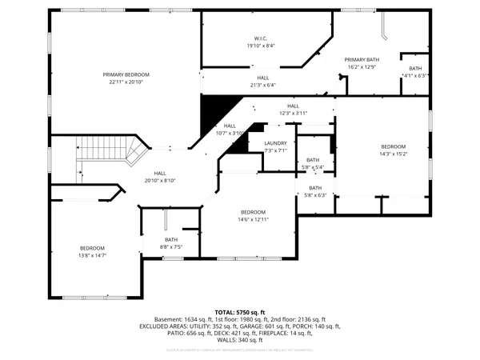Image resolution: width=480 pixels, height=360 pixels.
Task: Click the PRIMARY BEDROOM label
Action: click(x=126, y=74)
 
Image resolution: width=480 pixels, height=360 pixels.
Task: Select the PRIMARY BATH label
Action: click(x=362, y=59)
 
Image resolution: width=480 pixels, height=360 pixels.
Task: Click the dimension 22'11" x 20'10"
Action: click(x=126, y=82)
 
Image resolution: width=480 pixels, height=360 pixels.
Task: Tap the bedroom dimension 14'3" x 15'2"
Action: click(x=393, y=155)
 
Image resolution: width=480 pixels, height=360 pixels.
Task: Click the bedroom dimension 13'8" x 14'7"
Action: click(x=92, y=255)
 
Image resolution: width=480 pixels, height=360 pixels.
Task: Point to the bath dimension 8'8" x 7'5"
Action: click(x=171, y=247)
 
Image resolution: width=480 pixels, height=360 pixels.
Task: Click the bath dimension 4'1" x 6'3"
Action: click(x=415, y=76)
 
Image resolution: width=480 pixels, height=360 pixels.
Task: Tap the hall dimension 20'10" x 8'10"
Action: click(x=160, y=181)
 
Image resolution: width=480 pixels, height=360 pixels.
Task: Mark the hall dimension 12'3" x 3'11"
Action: click(x=293, y=114)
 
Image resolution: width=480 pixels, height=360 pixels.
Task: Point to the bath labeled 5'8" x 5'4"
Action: click(x=313, y=163)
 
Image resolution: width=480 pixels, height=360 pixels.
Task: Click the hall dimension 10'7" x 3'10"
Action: click(x=230, y=133)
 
